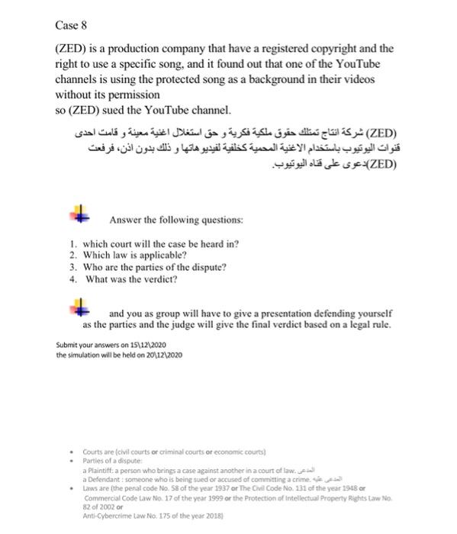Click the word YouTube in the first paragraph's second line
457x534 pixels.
(356, 64)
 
